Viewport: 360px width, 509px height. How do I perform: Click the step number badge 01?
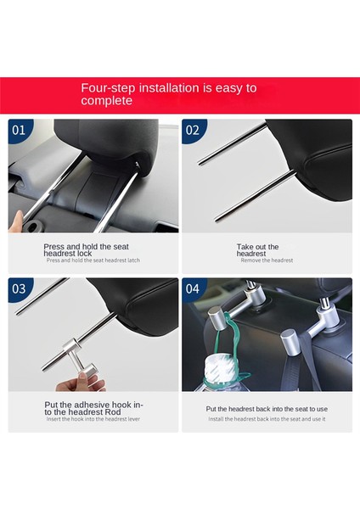coord(19,130)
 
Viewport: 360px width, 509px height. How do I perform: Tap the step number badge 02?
coord(193,130)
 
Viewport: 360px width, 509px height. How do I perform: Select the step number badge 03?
coord(19,288)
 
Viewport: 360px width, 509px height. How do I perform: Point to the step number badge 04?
coord(193,288)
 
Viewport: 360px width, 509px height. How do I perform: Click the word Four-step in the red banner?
coord(108,88)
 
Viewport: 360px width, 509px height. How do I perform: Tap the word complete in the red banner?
coord(107,101)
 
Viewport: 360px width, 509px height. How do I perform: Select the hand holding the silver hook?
coord(82,382)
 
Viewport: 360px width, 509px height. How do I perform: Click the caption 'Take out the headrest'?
coord(257,250)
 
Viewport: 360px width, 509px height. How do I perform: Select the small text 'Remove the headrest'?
coord(267,260)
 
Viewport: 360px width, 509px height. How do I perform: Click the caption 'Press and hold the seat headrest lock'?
coord(86,250)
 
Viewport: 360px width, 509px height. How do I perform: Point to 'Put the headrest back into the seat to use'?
coord(267,409)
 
